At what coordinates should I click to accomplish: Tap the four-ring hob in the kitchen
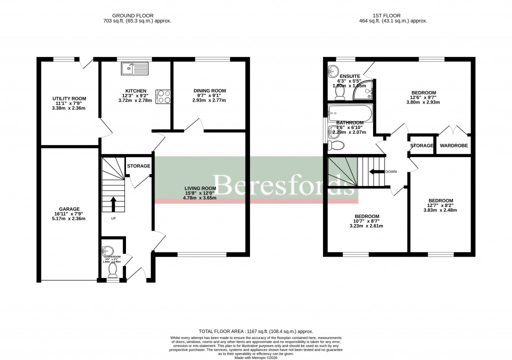tap(163, 95)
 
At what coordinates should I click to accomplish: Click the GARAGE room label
tap(69, 209)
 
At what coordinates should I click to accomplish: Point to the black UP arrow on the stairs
tap(112, 204)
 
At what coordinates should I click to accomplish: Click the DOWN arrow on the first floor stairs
tap(375, 171)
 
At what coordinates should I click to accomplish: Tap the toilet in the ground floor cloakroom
tap(112, 270)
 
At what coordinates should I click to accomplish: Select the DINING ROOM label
tap(209, 90)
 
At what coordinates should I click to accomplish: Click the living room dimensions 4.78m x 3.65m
tap(199, 198)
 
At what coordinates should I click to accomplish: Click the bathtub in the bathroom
tap(350, 113)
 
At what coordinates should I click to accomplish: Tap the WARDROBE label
tap(453, 146)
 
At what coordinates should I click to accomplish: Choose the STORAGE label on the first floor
tap(421, 146)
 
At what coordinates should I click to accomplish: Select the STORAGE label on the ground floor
tap(138, 166)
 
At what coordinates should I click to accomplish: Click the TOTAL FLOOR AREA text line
tap(255, 331)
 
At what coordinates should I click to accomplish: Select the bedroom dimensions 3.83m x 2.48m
tap(440, 210)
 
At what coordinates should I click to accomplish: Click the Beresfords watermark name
tap(282, 185)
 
